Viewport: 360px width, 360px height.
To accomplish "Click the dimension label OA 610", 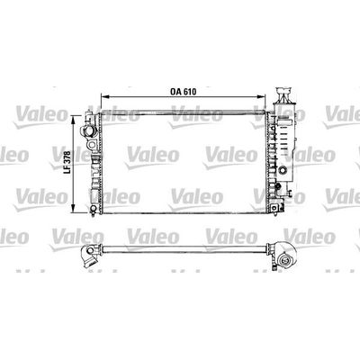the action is (183, 92).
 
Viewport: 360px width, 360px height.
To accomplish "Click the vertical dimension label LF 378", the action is (67, 162).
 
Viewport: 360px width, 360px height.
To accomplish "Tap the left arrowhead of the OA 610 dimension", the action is (104, 96).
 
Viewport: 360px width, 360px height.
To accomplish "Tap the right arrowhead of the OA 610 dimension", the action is (262, 96).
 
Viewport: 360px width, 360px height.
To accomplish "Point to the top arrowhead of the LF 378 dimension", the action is (73, 119).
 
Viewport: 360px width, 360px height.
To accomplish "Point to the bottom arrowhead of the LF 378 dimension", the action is (73, 209).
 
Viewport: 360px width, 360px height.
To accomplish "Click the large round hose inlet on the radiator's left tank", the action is (89, 131).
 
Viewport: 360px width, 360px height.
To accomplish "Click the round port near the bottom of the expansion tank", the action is (283, 170).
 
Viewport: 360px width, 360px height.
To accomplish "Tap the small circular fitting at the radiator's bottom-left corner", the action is (94, 209).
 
